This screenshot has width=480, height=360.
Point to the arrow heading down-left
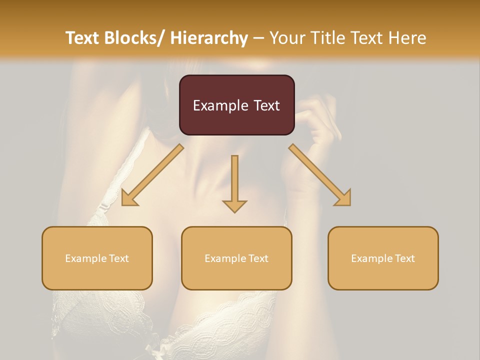click(x=152, y=175)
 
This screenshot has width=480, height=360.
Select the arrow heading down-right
click(x=320, y=175)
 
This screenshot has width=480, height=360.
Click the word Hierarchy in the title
click(x=208, y=38)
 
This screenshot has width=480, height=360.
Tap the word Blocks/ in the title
click(x=133, y=38)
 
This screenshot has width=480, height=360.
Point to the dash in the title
click(x=259, y=38)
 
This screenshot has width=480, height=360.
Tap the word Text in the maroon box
click(x=265, y=105)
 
